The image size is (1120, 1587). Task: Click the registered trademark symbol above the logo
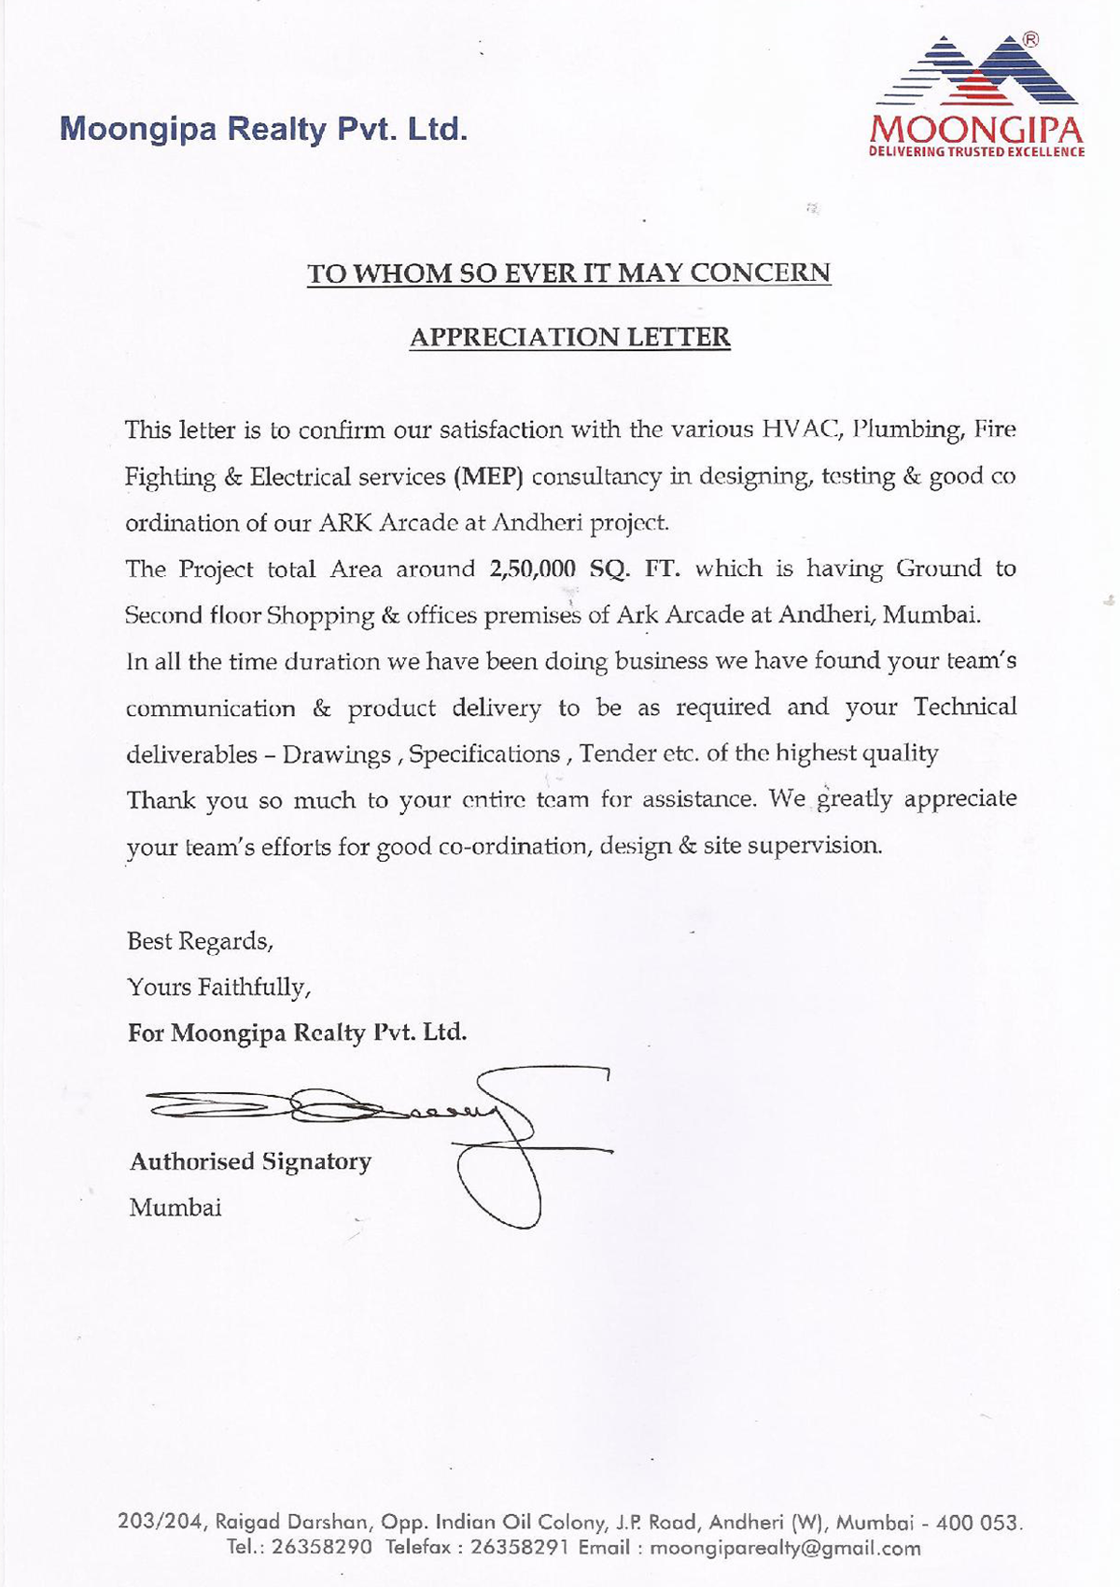1030,39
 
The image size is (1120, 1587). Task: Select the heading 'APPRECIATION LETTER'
569,337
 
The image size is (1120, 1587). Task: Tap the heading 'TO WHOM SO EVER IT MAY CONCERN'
568,274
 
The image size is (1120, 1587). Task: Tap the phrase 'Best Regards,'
200,941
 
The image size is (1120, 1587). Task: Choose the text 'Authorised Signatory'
250,1161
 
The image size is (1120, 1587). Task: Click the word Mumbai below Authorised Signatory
175,1207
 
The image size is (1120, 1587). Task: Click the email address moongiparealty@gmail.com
785,1548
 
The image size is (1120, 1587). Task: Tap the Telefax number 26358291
520,1548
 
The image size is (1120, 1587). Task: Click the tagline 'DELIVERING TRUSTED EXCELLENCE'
976,152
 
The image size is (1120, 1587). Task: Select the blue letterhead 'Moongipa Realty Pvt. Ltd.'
263,129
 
